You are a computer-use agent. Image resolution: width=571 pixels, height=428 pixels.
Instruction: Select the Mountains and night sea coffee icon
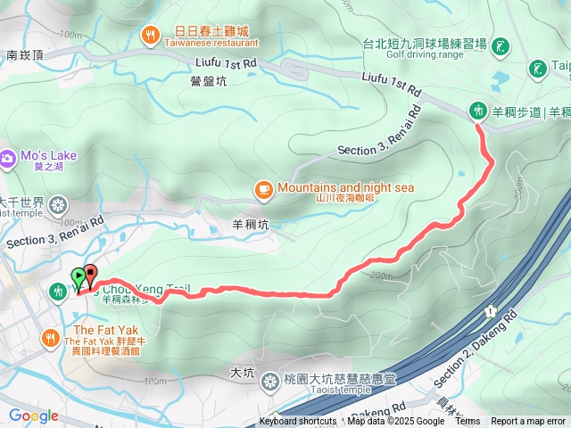(x=263, y=188)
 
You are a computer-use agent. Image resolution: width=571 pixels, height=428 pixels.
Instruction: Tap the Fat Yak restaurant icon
(x=50, y=337)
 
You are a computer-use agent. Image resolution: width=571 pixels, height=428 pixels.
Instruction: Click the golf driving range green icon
(x=502, y=45)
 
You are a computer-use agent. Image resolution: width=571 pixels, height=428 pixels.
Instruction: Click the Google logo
(x=33, y=416)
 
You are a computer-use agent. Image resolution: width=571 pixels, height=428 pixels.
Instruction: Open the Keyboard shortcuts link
(x=298, y=422)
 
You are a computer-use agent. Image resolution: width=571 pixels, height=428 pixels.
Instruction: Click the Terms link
(x=468, y=422)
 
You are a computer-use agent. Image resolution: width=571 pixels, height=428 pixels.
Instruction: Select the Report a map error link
(x=528, y=422)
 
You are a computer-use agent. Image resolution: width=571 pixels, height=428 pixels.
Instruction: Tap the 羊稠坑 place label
(x=251, y=226)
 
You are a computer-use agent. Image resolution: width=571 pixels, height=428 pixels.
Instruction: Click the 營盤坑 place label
(x=209, y=81)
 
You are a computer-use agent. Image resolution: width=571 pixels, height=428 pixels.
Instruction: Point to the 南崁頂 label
(x=25, y=54)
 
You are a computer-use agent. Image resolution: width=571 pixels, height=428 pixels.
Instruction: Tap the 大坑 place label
(x=243, y=371)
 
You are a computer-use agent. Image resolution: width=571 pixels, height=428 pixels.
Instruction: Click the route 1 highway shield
(x=490, y=311)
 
